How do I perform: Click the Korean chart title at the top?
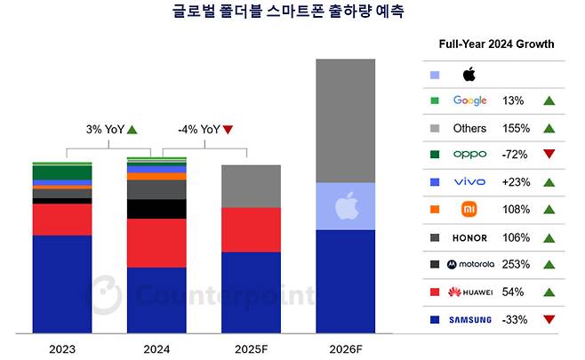292,12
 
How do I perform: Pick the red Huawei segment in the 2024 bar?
156,243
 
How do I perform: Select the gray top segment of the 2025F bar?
251,186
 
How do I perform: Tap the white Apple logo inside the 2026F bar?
346,207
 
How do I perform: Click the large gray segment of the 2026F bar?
346,120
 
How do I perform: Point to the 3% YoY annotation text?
104,129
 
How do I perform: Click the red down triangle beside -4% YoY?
228,130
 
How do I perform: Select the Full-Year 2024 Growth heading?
496,44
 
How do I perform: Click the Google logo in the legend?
469,100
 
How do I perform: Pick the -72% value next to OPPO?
515,155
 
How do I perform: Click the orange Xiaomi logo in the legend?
469,210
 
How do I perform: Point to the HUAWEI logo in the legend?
469,292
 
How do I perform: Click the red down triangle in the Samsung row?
549,318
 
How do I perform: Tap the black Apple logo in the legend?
469,74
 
